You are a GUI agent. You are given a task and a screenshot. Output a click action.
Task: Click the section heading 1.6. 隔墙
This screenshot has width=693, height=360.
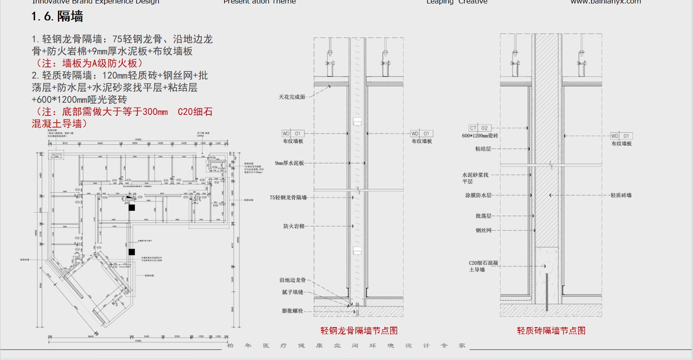coord(57,17)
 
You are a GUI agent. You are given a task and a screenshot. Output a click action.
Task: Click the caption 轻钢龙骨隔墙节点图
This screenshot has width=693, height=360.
coord(359,331)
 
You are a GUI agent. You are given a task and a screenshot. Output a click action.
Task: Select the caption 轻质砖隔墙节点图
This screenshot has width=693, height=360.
coord(551,331)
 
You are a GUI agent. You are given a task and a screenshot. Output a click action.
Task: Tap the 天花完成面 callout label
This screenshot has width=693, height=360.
coord(292,97)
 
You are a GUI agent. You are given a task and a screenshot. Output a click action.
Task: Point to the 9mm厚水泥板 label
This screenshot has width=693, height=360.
coord(289,163)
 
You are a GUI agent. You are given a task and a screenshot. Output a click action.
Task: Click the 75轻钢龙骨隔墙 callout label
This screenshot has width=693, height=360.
coord(288,198)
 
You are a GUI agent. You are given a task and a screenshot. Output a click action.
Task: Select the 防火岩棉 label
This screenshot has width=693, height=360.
coord(294,226)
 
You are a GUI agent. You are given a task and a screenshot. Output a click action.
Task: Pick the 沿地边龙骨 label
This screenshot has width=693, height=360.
coord(292,280)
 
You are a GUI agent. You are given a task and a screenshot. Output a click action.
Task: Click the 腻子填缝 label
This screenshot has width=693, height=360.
coord(292,292)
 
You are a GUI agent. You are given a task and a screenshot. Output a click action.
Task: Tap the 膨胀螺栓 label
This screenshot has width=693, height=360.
coord(292,311)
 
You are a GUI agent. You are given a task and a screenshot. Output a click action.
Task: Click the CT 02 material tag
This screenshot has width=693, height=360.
coord(480,128)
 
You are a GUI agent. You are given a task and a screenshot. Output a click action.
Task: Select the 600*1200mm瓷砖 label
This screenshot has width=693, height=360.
coord(480,136)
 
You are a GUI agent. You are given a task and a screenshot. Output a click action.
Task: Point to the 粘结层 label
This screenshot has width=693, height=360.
coord(483,149)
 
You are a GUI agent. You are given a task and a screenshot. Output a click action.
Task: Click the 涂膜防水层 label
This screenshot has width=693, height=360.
coord(478,195)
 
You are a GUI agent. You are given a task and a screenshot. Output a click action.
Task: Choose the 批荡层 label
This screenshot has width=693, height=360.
coord(483,216)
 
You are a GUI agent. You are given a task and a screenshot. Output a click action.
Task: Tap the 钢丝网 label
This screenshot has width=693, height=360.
coord(483,230)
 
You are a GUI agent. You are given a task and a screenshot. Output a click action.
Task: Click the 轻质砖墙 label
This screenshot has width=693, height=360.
coord(621,195)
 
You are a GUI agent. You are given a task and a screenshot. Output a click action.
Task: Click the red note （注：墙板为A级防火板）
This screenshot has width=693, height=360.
coord(88,64)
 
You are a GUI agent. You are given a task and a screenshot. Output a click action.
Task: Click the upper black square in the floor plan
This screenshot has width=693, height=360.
coord(132,208)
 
